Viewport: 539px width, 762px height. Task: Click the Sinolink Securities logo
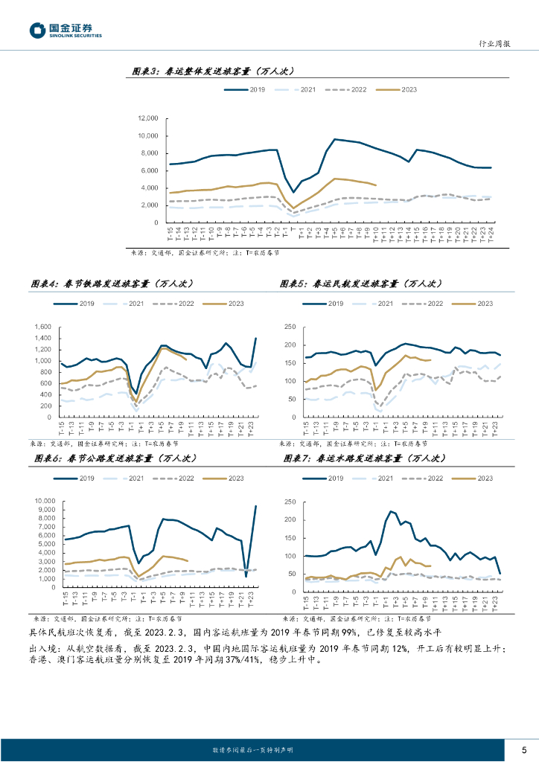point(66,31)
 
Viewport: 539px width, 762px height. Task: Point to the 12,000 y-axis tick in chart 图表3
point(149,119)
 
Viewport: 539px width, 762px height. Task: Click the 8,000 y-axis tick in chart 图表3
point(149,153)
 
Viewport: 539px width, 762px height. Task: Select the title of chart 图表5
point(360,284)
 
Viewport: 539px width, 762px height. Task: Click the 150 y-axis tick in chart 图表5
point(290,363)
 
